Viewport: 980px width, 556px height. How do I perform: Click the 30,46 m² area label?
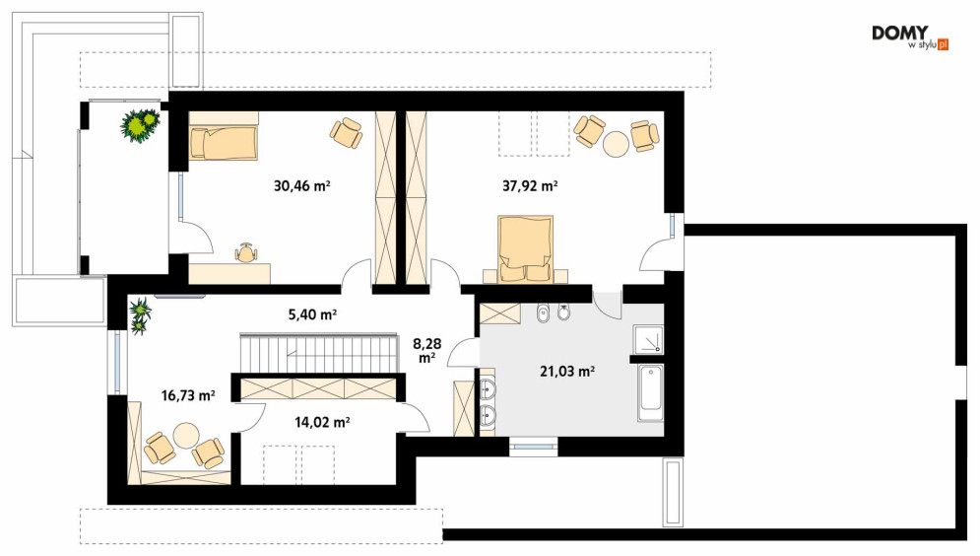tap(301, 185)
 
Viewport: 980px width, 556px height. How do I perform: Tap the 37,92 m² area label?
tap(530, 185)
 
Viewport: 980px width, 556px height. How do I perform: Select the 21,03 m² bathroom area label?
tap(567, 372)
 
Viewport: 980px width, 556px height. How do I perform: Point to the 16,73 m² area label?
tap(188, 395)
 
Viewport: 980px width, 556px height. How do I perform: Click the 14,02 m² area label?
tap(322, 422)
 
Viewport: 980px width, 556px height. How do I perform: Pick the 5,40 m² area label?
tap(312, 314)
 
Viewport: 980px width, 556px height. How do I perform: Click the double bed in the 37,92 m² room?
tap(526, 248)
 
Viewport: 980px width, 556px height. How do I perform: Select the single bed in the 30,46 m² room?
tap(224, 143)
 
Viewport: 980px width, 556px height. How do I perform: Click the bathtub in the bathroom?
tap(651, 393)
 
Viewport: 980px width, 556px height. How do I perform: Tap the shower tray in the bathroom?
tap(648, 339)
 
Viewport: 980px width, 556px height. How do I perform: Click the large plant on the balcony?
tap(141, 125)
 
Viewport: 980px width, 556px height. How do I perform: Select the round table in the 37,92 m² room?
tap(617, 143)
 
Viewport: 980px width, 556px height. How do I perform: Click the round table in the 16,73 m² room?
tap(186, 436)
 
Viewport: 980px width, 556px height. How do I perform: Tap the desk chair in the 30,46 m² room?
tap(246, 252)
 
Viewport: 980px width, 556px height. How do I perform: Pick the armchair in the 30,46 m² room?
tap(347, 132)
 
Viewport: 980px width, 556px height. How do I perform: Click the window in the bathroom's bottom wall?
tap(533, 448)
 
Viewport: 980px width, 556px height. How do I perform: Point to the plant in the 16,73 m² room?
tap(140, 315)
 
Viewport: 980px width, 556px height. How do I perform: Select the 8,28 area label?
tap(427, 350)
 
